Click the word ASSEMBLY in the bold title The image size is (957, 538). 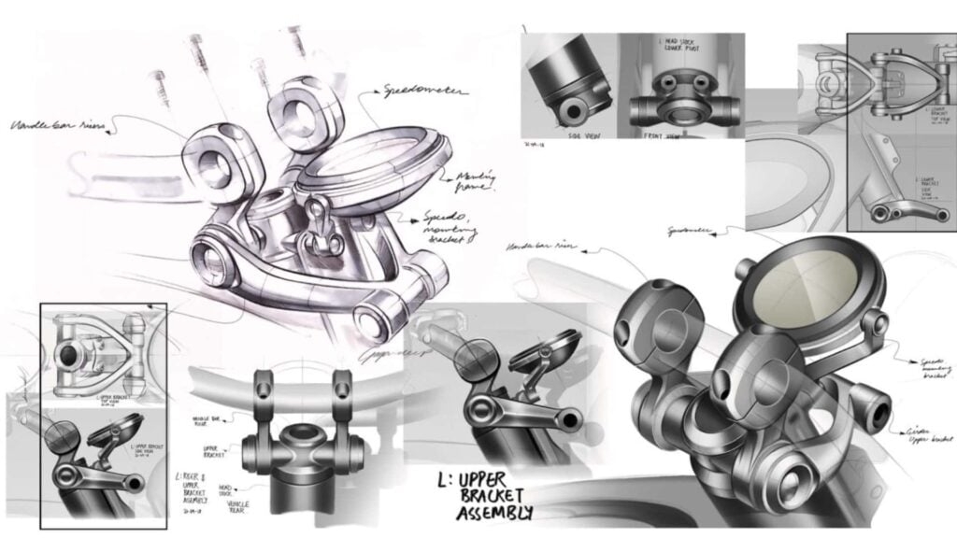tap(495, 513)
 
